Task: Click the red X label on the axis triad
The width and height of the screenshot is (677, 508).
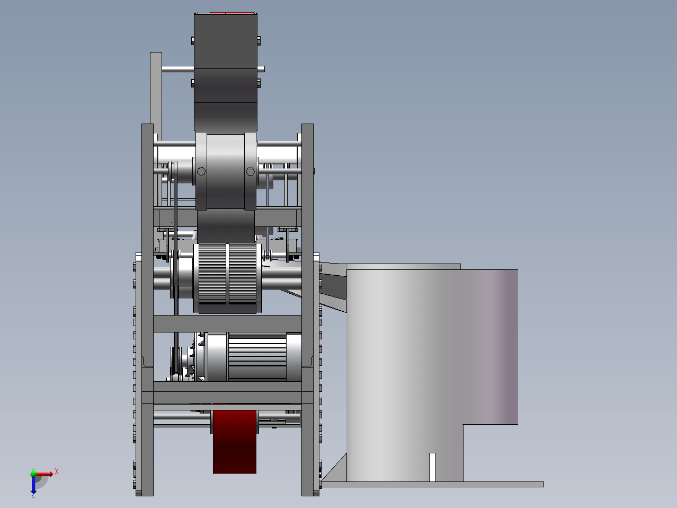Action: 57,471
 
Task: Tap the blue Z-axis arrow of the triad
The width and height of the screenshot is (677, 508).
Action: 33,485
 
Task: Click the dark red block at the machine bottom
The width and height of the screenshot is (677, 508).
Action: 234,442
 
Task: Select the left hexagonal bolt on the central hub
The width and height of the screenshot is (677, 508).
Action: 201,171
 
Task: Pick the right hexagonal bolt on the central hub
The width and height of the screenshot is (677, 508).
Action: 250,171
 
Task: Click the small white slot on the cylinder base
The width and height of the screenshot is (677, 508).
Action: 432,467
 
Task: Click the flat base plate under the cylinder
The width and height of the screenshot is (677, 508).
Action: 432,484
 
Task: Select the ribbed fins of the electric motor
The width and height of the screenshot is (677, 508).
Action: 257,356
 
